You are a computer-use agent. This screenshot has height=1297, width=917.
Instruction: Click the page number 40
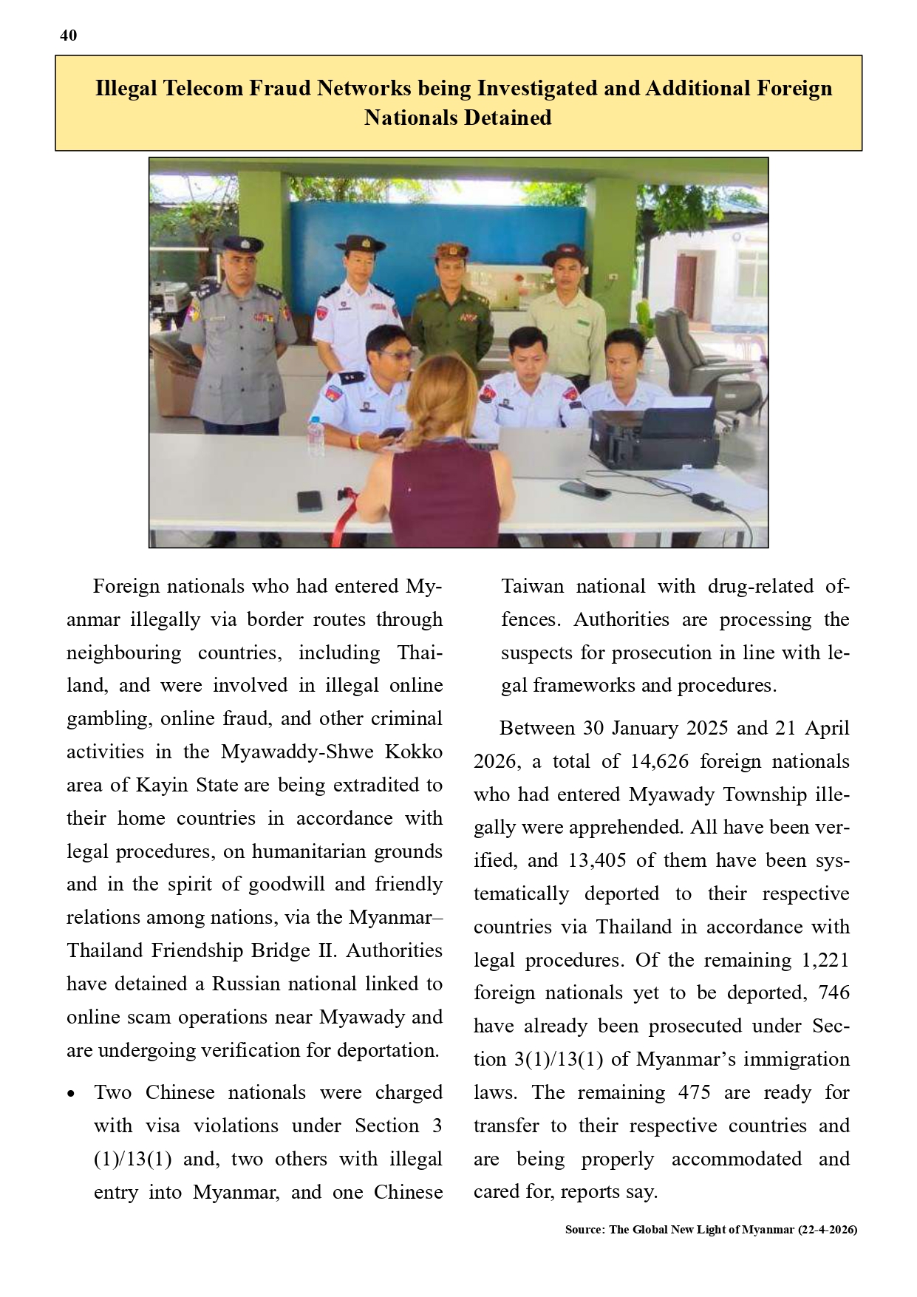click(68, 35)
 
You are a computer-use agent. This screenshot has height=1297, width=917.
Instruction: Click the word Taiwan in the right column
click(532, 587)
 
